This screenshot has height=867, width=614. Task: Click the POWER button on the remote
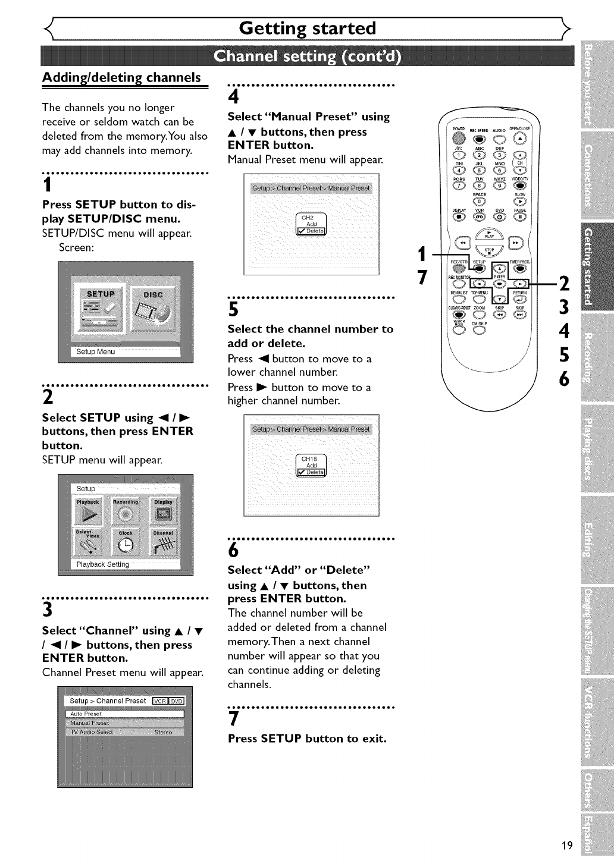click(458, 139)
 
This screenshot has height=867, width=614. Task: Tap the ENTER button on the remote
click(500, 283)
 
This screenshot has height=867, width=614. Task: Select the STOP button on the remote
click(490, 253)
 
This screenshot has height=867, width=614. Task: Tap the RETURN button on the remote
click(520, 299)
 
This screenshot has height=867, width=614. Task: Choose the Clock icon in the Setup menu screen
click(126, 541)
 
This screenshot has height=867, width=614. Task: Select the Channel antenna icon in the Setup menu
click(163, 541)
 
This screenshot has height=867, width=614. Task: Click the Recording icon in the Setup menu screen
click(126, 510)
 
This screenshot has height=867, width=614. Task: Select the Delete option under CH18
click(311, 472)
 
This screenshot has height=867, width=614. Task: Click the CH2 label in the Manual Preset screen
click(307, 218)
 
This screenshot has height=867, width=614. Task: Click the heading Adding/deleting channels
click(121, 77)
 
